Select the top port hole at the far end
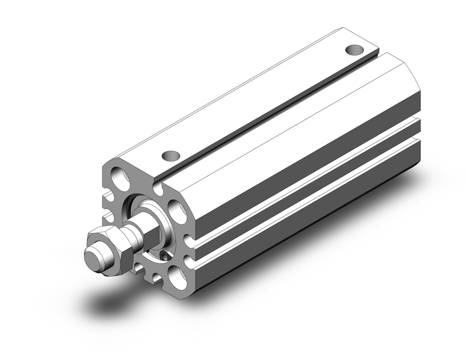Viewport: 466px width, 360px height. click(355, 49)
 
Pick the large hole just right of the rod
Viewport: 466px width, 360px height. click(177, 210)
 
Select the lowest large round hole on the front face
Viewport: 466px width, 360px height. click(178, 278)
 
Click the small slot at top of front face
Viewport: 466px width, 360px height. click(158, 188)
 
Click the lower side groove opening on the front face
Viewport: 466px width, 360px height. click(189, 260)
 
